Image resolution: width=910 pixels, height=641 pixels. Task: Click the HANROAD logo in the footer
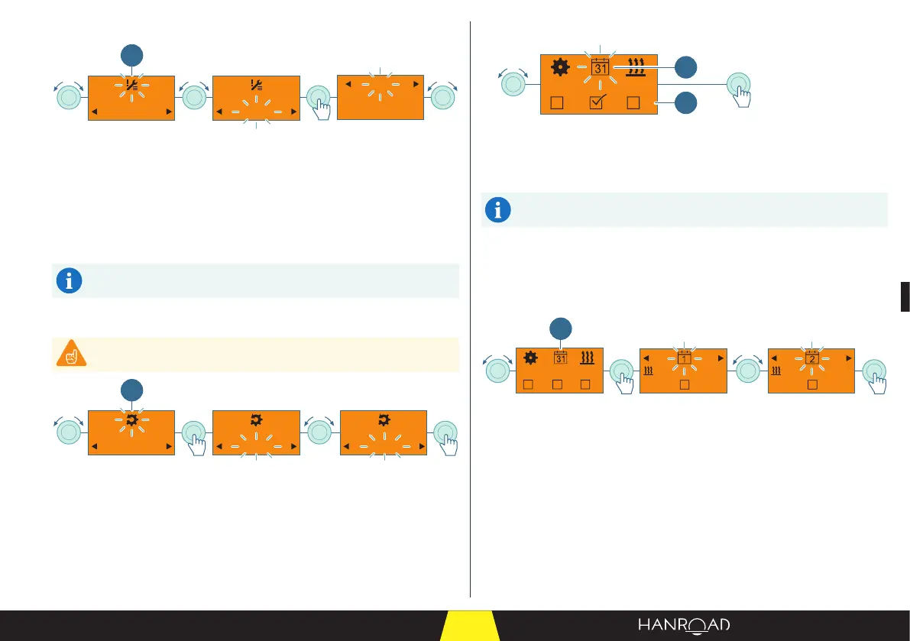click(x=684, y=625)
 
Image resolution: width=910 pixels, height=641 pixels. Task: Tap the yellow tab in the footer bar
click(x=470, y=626)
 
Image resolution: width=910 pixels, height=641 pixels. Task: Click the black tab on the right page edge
click(x=905, y=296)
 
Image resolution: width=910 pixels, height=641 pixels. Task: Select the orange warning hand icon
click(x=70, y=354)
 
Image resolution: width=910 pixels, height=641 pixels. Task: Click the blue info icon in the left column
click(x=70, y=281)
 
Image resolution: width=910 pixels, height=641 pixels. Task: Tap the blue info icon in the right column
click(x=497, y=210)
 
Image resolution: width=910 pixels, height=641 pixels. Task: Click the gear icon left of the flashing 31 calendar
click(x=560, y=68)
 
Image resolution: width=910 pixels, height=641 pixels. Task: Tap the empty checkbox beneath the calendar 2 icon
click(x=811, y=384)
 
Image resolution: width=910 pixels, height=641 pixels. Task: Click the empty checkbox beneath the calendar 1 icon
click(x=684, y=384)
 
